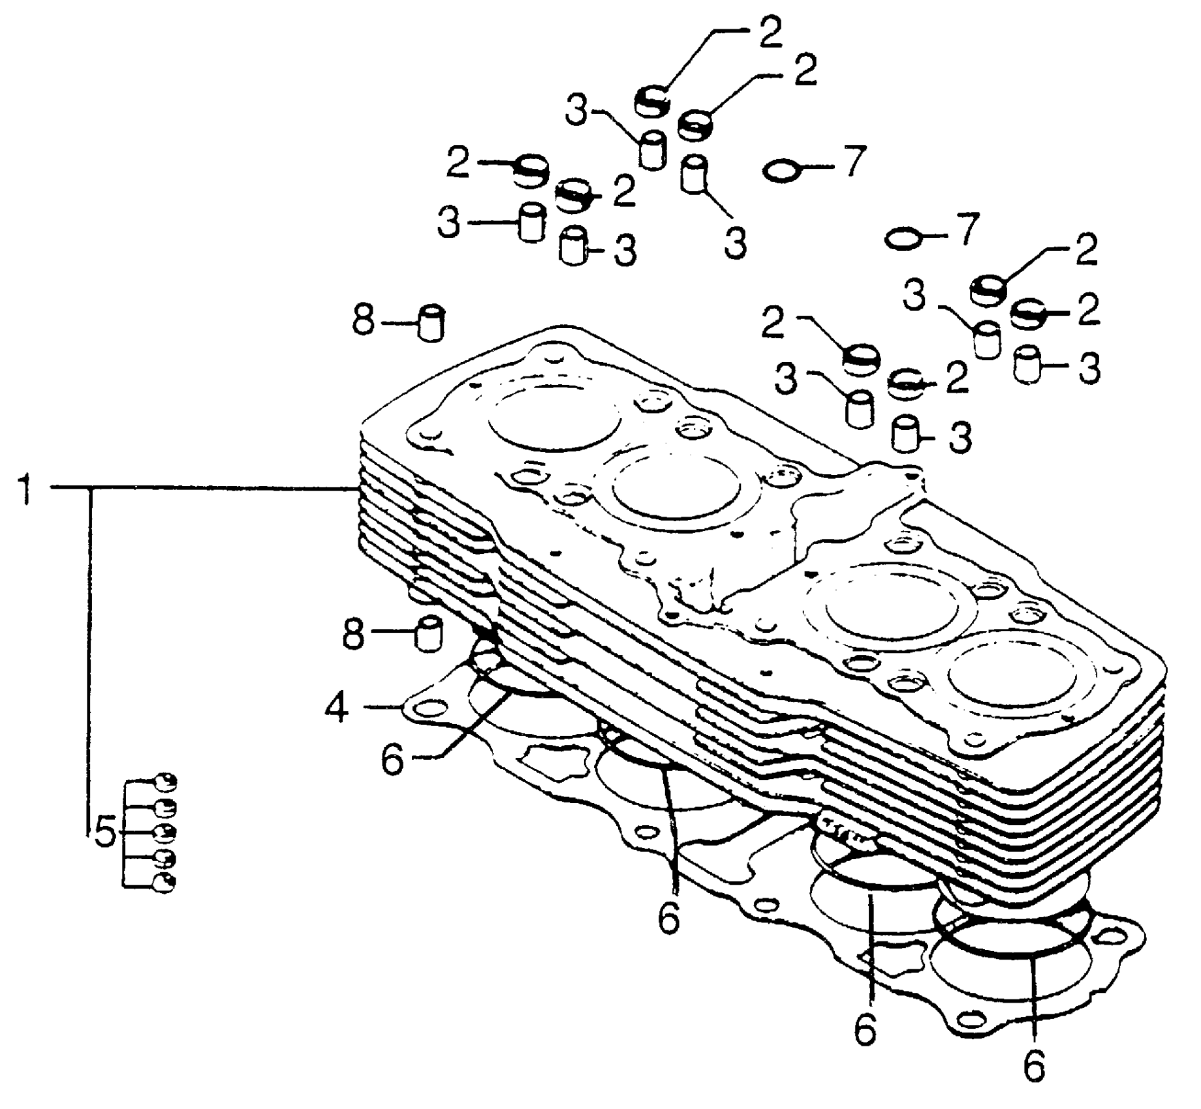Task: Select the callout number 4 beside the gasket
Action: pyautogui.click(x=337, y=708)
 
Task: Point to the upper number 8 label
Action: pyautogui.click(x=364, y=321)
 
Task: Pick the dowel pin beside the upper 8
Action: pyautogui.click(x=431, y=322)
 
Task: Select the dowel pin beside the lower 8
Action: pyautogui.click(x=429, y=633)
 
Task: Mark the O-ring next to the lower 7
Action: pyautogui.click(x=904, y=239)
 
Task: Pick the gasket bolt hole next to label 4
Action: pyautogui.click(x=427, y=709)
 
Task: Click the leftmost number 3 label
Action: pyautogui.click(x=448, y=224)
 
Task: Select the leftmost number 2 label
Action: pyautogui.click(x=458, y=164)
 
